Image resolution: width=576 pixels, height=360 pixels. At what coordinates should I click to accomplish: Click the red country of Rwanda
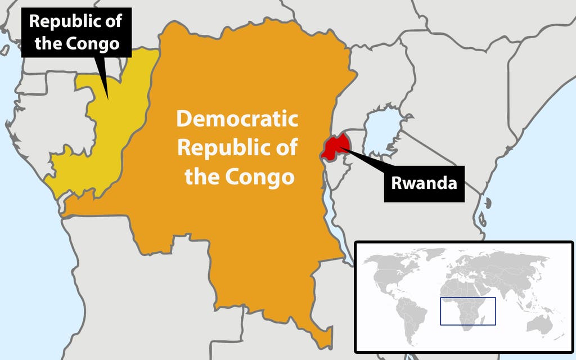333,147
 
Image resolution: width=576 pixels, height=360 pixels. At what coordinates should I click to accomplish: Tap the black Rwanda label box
424,183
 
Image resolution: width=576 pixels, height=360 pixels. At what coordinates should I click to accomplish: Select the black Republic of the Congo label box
77,32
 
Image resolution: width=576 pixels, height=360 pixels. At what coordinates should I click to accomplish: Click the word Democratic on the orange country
237,120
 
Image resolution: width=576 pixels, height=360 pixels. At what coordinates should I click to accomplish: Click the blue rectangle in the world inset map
467,311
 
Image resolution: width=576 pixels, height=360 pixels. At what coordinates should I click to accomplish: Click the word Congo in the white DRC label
264,177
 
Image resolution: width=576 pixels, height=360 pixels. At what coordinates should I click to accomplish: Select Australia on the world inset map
543,326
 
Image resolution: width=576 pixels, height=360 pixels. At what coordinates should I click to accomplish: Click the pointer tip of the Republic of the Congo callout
108,99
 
